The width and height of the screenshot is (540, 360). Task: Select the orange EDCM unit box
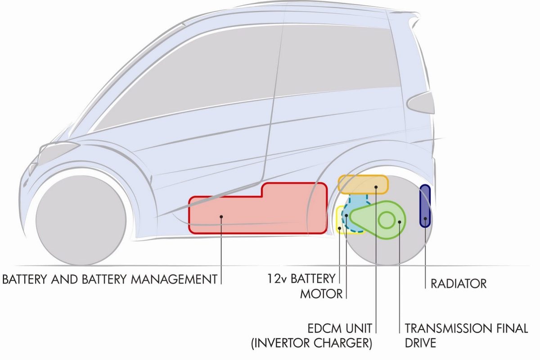coord(363,184)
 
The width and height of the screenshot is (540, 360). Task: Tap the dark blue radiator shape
coord(425,206)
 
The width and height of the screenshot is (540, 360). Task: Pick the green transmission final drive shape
coord(378,220)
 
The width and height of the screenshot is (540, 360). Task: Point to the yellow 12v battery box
coord(340,220)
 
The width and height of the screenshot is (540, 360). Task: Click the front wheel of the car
coord(81,220)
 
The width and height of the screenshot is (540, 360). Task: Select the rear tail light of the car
coord(420,103)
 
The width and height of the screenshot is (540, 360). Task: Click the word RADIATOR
coord(459,284)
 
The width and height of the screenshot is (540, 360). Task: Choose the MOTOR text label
coord(321,294)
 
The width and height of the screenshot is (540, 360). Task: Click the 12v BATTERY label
coord(301,279)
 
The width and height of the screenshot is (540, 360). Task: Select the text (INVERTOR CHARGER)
coord(312,343)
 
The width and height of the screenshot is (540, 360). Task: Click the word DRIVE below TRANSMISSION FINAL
coord(420,343)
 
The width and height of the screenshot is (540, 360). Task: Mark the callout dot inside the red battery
coord(221,217)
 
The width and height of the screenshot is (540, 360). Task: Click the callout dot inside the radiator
coord(425,219)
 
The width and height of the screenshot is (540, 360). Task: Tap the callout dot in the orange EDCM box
coord(376,187)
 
